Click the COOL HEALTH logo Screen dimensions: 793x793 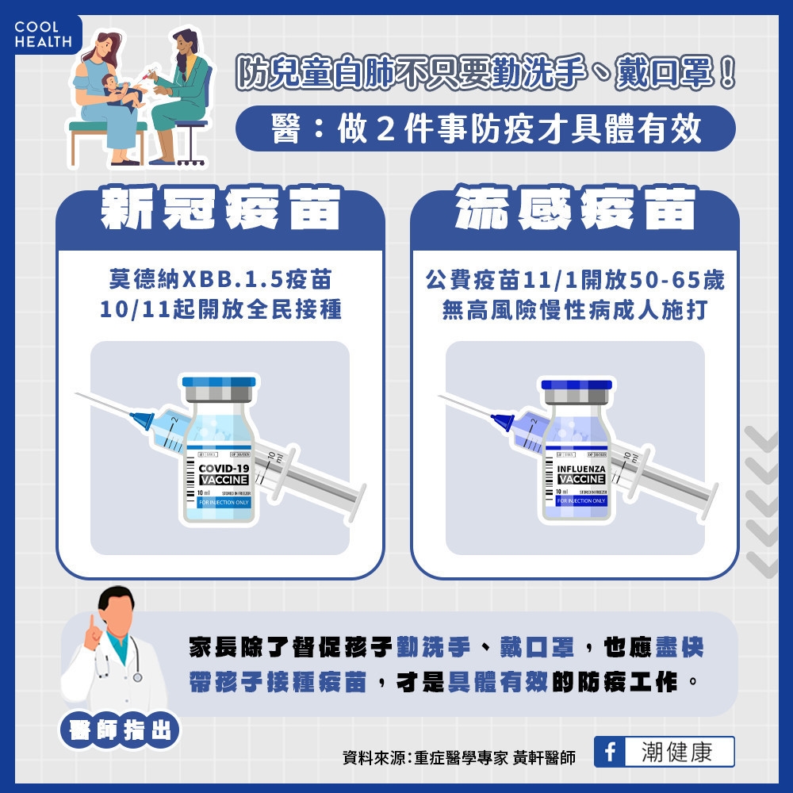pyautogui.click(x=42, y=34)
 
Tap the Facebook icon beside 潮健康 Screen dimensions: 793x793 pyautogui.click(x=609, y=752)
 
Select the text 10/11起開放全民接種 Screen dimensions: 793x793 pyautogui.click(x=220, y=309)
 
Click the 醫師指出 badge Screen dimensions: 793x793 pyautogui.click(x=120, y=730)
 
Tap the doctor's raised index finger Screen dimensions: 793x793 pyautogui.click(x=92, y=622)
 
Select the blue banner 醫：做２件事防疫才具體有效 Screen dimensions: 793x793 pyautogui.click(x=485, y=128)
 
